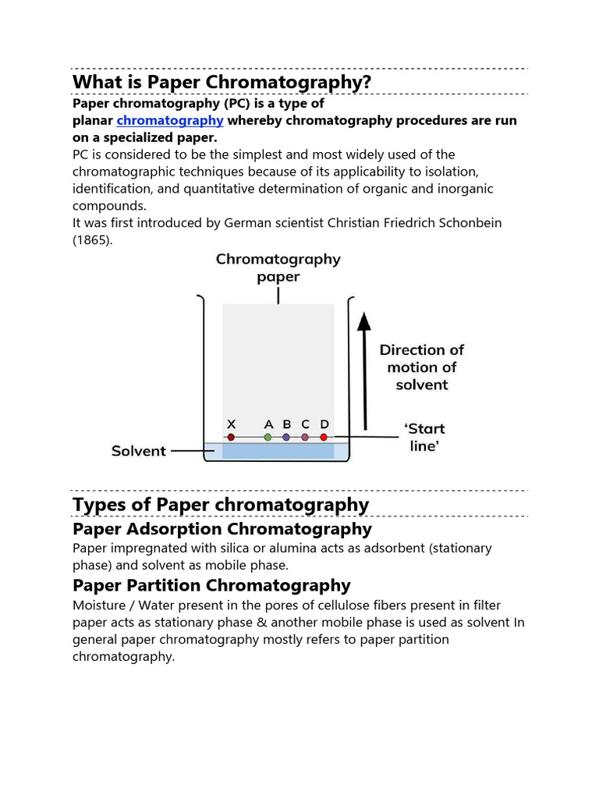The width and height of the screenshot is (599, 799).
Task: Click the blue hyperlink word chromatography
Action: point(170,120)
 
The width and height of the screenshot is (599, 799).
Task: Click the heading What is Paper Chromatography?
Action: point(222,82)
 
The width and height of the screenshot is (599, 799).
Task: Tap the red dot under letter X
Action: point(231,438)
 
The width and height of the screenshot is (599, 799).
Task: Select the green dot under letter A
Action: point(268,438)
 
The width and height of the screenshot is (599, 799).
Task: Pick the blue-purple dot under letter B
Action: point(286,438)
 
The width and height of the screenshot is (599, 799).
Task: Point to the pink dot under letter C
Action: point(305,438)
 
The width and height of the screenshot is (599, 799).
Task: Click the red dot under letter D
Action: point(324,438)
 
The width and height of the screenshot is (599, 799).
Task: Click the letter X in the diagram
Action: point(231,424)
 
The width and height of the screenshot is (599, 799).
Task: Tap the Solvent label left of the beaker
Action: point(139,450)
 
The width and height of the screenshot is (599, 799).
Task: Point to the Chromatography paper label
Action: point(278,267)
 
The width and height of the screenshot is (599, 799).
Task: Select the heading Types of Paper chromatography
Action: point(221,505)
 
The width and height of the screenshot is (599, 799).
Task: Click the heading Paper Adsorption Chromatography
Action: point(222,529)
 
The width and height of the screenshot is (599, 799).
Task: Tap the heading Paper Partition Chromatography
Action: point(211,585)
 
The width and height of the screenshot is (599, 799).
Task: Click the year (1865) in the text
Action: point(92,240)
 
